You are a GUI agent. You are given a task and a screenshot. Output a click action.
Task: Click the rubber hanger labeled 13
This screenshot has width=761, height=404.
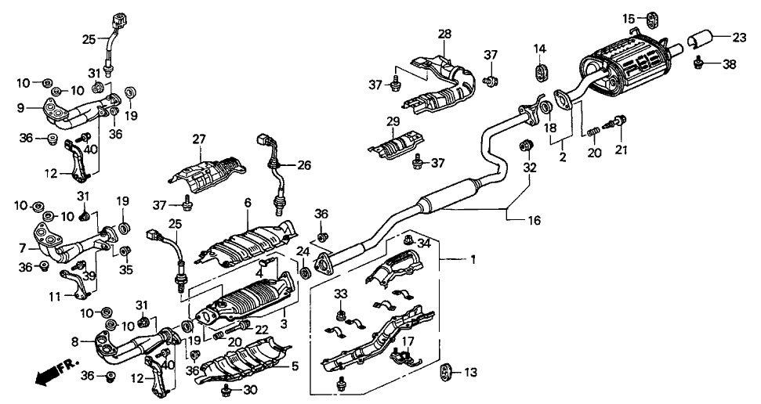[x=444, y=370]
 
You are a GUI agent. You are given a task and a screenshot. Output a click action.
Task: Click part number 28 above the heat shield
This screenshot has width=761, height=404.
[x=444, y=34]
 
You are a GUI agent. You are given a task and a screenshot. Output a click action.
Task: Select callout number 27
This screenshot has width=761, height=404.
[x=198, y=139]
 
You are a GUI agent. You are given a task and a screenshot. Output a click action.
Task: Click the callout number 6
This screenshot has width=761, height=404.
[x=247, y=203]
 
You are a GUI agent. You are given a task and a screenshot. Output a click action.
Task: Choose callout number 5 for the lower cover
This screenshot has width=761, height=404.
[x=295, y=365]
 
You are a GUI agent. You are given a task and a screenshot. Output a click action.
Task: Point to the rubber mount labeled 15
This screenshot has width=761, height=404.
[x=650, y=16]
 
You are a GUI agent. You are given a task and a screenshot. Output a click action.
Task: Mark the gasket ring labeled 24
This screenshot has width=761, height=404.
[x=305, y=274]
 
